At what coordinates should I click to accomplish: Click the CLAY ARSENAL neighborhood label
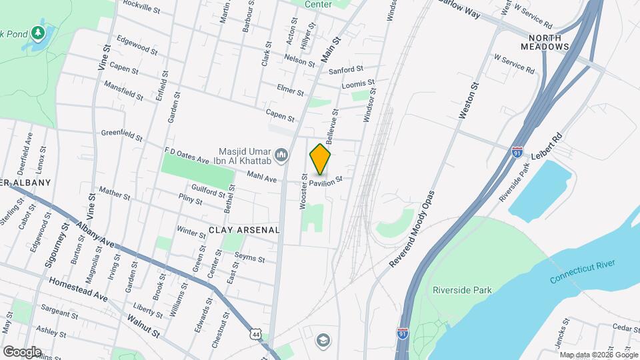pyautogui.click(x=243, y=229)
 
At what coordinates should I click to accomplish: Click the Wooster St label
pyautogui.click(x=303, y=192)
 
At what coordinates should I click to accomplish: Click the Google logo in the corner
pyautogui.click(x=21, y=351)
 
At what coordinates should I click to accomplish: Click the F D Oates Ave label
pyautogui.click(x=187, y=157)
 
